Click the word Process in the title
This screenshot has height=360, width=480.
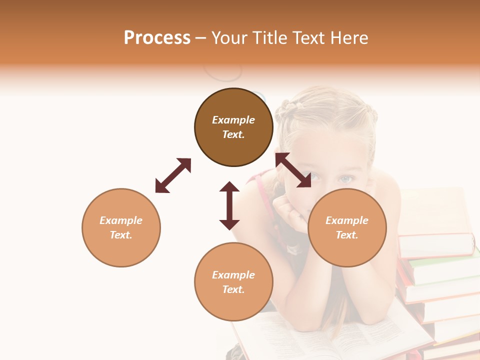(x=157, y=38)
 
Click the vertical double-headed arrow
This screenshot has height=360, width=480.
(x=229, y=205)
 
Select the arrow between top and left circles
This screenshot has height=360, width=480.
(x=173, y=175)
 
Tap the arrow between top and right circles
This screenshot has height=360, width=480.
(x=293, y=170)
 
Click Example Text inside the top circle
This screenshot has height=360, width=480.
(x=233, y=127)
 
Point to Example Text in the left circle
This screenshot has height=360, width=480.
(x=121, y=227)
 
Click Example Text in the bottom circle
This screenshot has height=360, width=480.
(x=233, y=282)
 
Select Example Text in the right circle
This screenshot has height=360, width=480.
(x=347, y=227)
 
